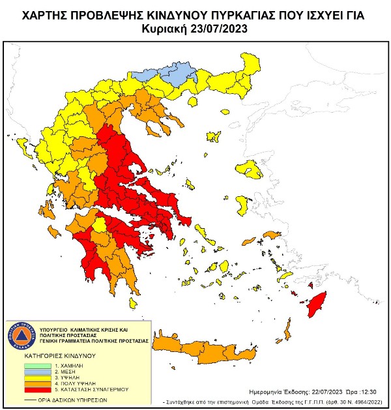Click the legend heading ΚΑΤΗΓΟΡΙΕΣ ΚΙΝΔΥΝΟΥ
[x=60, y=356]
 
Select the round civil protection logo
[x=24, y=335]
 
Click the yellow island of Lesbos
[x=248, y=169]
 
